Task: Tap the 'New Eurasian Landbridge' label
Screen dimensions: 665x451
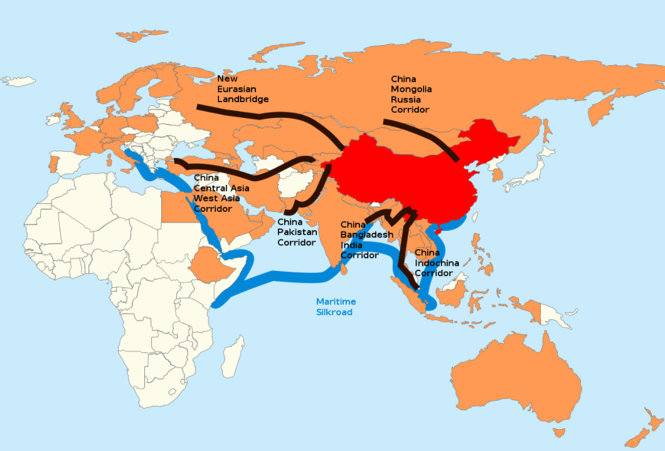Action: (x=243, y=89)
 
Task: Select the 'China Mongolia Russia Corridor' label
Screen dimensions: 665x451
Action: (x=411, y=94)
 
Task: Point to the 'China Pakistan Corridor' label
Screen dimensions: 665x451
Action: (x=297, y=232)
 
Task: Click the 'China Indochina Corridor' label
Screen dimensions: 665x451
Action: (x=437, y=263)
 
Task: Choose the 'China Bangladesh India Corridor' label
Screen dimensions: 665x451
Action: (x=366, y=240)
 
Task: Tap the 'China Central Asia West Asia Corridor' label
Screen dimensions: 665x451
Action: (x=221, y=193)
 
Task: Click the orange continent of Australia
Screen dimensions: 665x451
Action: (x=514, y=383)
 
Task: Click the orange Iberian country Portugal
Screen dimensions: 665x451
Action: (x=53, y=164)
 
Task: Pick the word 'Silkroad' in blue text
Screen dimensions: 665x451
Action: (x=334, y=312)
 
